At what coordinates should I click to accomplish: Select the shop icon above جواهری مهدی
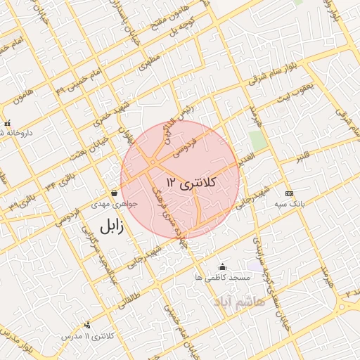tap(114, 193)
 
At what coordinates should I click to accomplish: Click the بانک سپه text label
tap(289, 205)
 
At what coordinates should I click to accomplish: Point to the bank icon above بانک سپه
tap(289, 193)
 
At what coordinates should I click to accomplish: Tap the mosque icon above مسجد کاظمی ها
tap(223, 266)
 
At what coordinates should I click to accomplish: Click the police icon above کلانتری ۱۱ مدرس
tap(87, 325)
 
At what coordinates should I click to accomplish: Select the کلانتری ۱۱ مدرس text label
tap(89, 336)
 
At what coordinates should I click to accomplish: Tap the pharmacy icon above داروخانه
tap(7, 122)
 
